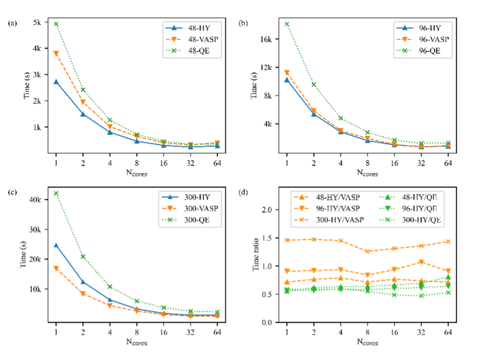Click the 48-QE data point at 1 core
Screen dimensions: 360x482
(x=56, y=24)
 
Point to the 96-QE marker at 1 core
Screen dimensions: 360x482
(x=287, y=24)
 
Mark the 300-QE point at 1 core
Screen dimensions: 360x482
(x=56, y=193)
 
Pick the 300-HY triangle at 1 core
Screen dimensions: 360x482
(x=56, y=245)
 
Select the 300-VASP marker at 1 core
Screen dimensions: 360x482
(x=56, y=269)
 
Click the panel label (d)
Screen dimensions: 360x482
(x=243, y=193)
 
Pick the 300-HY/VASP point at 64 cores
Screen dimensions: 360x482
(x=448, y=242)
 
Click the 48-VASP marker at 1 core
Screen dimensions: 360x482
(x=56, y=54)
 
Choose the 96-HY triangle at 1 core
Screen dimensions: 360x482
(x=287, y=80)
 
